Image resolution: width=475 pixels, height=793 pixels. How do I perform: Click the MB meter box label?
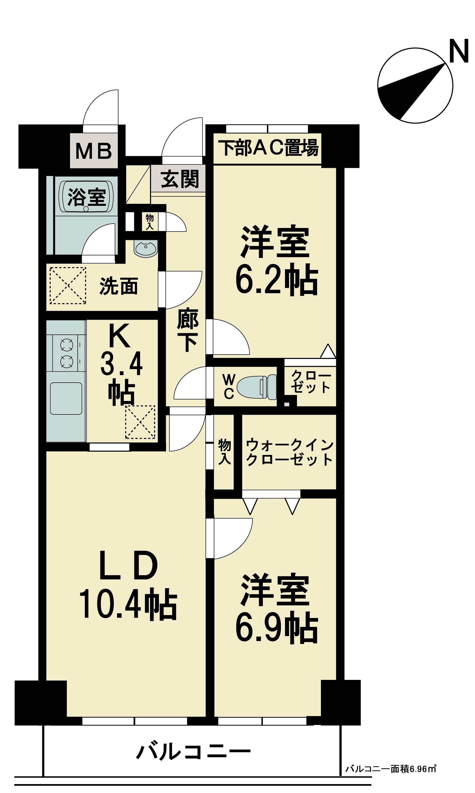point(94,151)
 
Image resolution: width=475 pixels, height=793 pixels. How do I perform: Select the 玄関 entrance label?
point(180,179)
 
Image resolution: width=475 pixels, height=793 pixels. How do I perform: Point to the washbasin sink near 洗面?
point(146,249)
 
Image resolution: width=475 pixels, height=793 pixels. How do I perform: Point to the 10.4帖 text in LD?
point(128,605)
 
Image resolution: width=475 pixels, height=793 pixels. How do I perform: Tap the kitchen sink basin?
point(66,398)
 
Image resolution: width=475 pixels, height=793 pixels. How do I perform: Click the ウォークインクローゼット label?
point(290,452)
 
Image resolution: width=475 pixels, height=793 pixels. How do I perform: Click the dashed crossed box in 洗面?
point(68,286)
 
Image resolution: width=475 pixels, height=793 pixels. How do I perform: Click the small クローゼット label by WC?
point(310,382)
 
